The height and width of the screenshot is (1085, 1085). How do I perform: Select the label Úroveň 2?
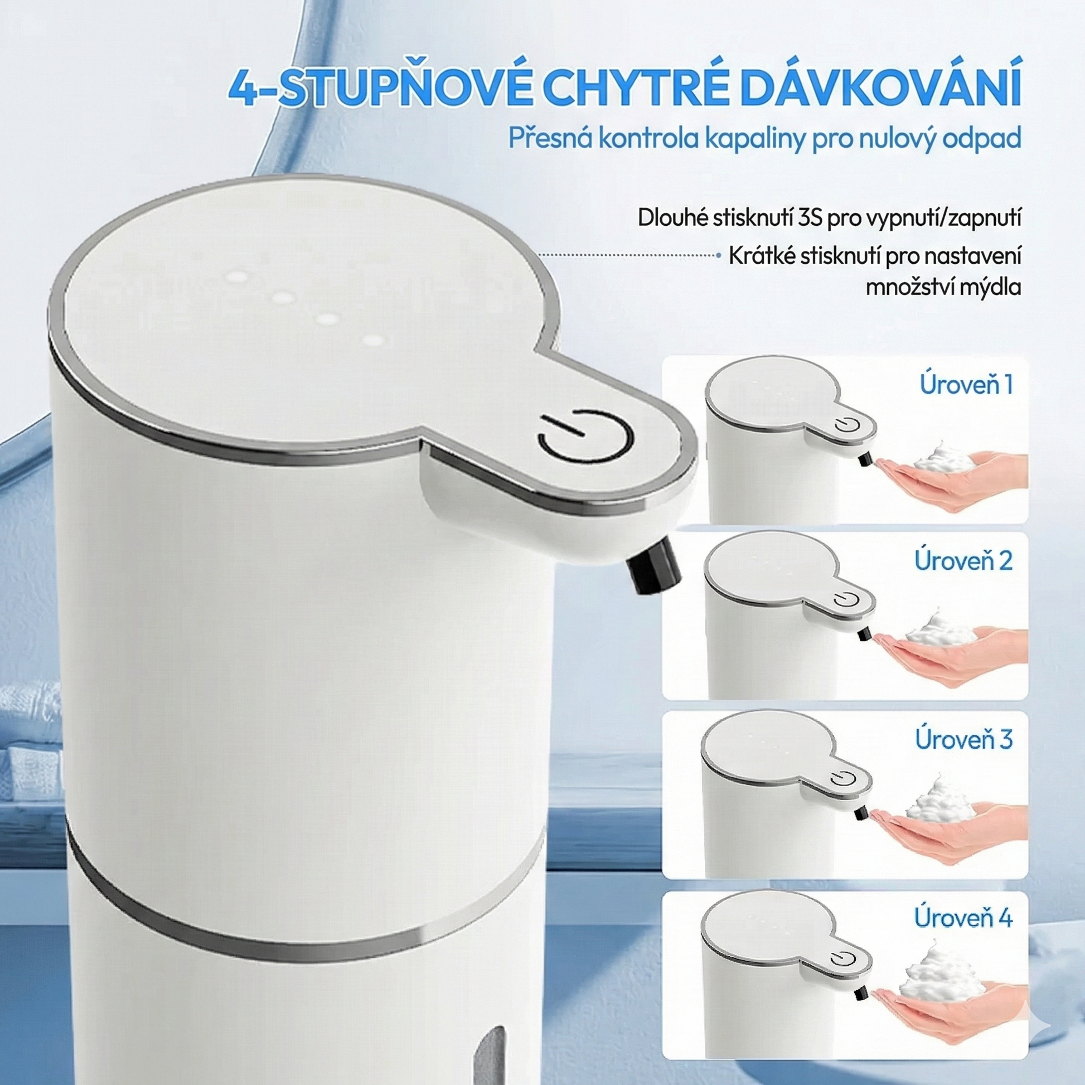coord(963,560)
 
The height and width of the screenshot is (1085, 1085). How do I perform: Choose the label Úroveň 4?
coord(963,917)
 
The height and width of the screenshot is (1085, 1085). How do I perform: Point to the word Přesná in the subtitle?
coord(550,139)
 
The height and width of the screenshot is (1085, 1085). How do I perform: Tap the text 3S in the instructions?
coord(810,219)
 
